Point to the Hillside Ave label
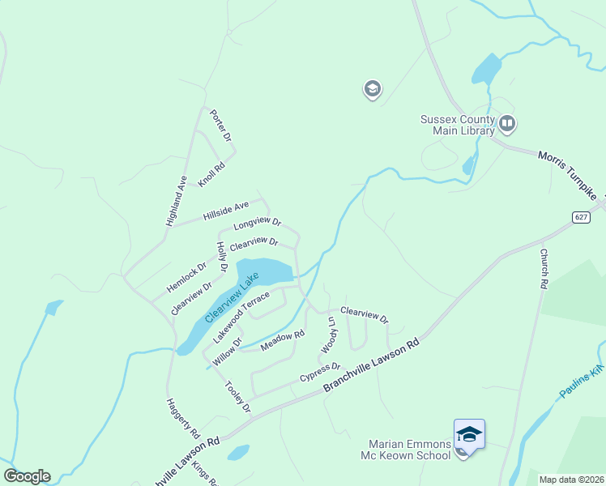coord(226,211)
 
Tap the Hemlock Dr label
coord(187,276)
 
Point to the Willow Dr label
coord(227,350)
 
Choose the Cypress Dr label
coord(320,373)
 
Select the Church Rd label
coord(545,269)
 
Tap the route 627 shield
coord(581,217)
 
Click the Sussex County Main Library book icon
coord(507,124)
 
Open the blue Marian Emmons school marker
coord(469,435)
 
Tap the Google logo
coord(27,476)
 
